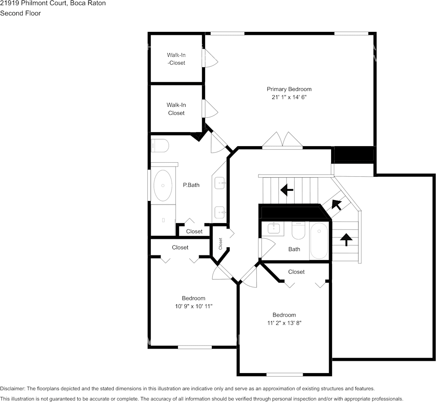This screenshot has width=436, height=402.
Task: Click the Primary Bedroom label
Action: (289, 89)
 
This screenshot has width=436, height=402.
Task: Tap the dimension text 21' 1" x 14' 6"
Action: (289, 97)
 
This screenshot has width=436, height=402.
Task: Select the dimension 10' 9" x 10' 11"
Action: (194, 306)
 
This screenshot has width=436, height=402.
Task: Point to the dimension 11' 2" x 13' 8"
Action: (284, 323)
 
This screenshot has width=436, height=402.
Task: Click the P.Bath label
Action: (191, 185)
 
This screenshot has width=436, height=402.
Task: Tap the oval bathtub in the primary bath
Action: (163, 185)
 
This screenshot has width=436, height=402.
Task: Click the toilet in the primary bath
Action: (160, 146)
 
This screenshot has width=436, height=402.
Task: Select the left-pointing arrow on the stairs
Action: (287, 190)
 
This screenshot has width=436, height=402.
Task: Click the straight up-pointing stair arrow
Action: (346, 240)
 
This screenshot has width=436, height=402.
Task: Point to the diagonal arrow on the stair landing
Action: (336, 205)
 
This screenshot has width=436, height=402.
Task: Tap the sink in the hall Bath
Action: (274, 228)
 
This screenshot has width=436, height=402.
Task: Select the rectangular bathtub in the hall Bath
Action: (319, 241)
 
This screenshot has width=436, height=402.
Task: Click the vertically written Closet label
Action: (220, 243)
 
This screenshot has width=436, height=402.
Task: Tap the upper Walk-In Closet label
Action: (176, 59)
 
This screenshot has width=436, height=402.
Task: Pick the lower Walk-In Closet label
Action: (176, 109)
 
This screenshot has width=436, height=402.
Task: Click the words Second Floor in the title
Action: (20, 13)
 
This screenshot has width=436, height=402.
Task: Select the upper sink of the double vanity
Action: (220, 183)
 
